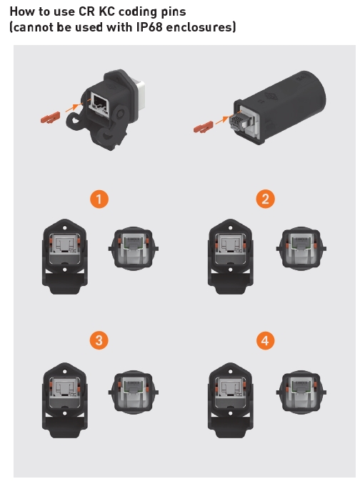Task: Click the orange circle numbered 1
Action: pos(99,199)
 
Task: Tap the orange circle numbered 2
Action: pos(265,199)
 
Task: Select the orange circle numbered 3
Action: pos(99,340)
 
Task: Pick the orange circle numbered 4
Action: pos(265,340)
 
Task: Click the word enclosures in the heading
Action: pos(200,26)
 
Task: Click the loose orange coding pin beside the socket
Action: pos(50,118)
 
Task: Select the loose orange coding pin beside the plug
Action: pos(204,127)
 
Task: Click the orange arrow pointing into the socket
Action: pos(73,107)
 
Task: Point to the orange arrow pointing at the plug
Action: pos(222,120)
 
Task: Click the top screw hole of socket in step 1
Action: pos(65,228)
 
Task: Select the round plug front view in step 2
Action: pos(301,249)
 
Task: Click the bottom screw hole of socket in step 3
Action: pos(65,413)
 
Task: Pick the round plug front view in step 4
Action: pos(301,392)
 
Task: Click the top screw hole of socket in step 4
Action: pos(231,371)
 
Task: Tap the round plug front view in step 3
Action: pos(134,392)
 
